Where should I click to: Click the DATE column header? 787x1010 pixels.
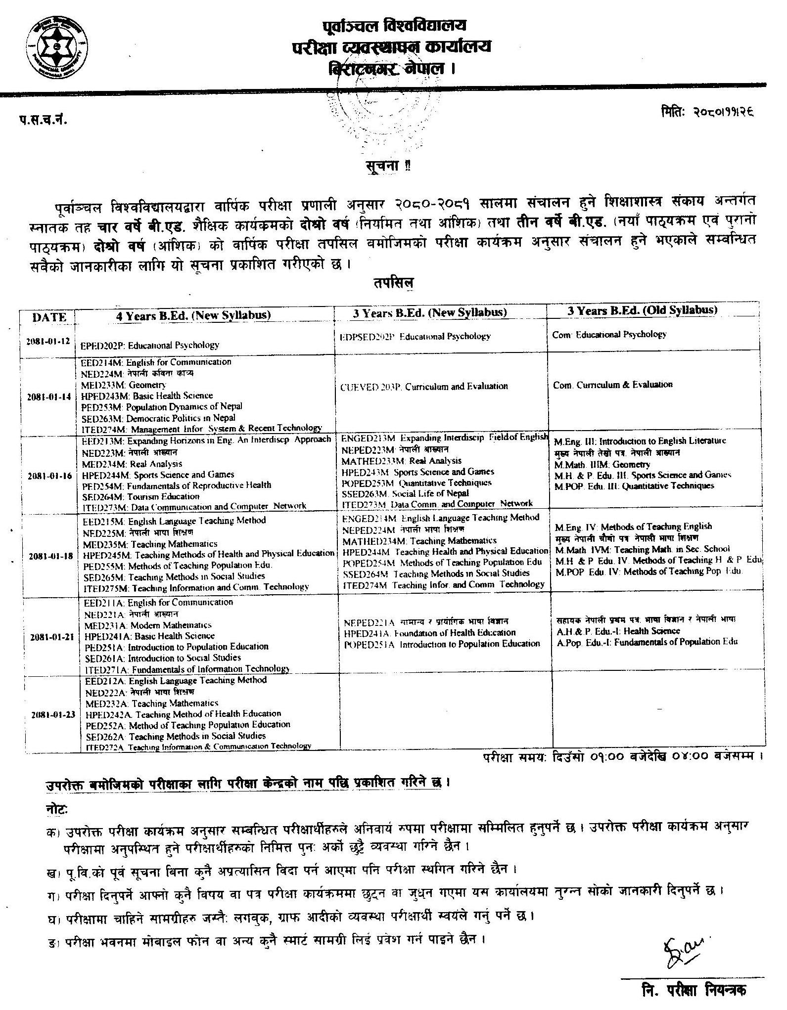49,317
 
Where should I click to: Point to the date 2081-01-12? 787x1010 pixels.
49,341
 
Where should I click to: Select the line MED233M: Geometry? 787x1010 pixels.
124,385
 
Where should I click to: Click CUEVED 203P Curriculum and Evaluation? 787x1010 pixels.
424,386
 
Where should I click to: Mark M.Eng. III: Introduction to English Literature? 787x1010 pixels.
640,440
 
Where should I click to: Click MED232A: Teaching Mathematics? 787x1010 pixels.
151,703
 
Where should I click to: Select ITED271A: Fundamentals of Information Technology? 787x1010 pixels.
187,668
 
